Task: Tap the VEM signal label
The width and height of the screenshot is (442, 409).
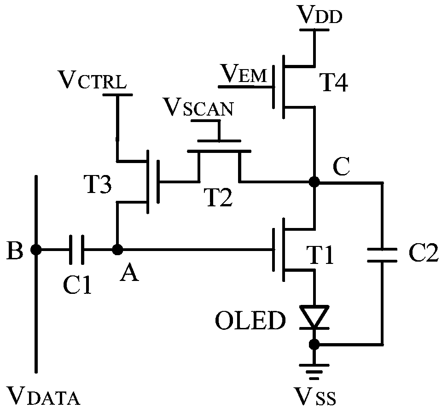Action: (x=243, y=73)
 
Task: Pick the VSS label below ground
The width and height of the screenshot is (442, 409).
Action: (x=315, y=396)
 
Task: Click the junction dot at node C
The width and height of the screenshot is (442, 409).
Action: (x=314, y=181)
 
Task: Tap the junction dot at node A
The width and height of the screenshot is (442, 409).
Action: (x=117, y=249)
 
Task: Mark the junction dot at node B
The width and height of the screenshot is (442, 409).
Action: (x=36, y=250)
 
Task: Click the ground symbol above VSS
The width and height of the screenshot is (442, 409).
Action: (x=314, y=372)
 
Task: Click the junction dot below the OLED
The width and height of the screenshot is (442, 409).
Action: (x=314, y=344)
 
